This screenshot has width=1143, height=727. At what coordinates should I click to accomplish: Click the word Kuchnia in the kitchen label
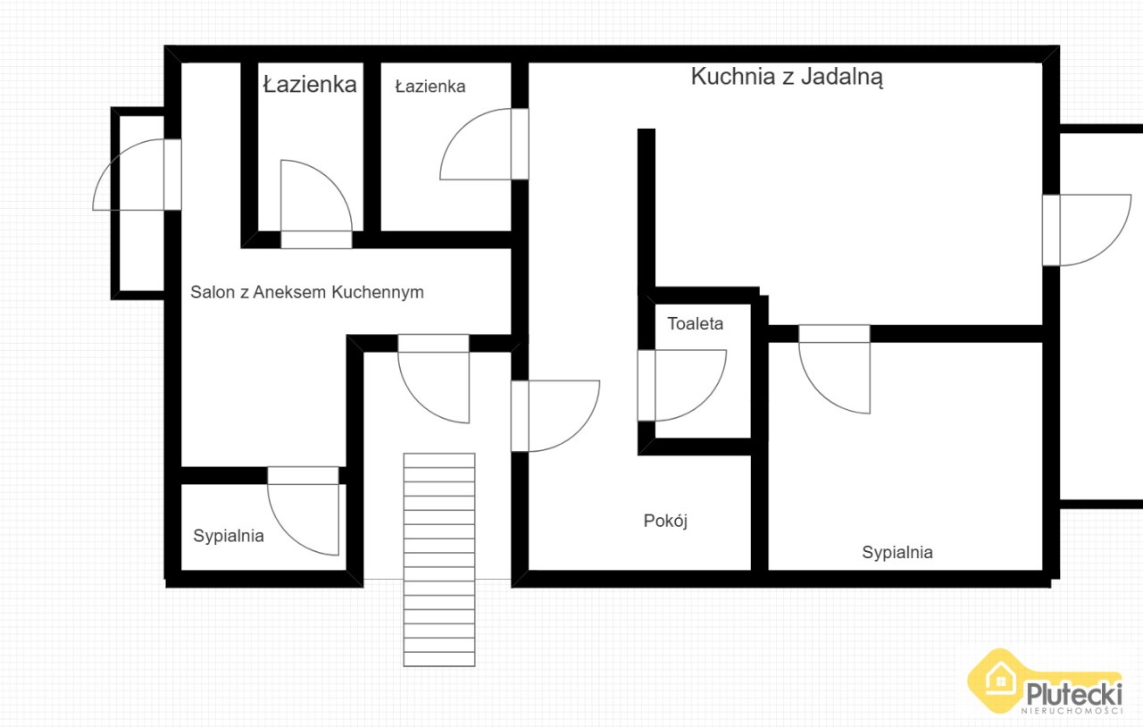tap(734, 77)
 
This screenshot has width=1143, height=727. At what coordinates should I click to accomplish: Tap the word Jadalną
tap(842, 78)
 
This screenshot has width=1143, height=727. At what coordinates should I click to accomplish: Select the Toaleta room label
tap(695, 323)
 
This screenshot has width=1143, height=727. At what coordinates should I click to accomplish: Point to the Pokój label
tap(665, 521)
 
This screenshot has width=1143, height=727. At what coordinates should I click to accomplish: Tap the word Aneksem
tap(290, 292)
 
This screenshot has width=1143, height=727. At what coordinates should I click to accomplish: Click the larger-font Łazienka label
tap(310, 84)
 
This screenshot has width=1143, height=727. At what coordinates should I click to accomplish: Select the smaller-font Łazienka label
tap(430, 87)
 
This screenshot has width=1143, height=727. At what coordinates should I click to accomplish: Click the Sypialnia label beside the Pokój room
tap(897, 553)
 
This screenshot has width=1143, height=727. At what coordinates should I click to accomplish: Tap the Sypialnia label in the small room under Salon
tap(229, 536)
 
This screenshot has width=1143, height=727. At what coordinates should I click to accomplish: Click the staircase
tap(439, 560)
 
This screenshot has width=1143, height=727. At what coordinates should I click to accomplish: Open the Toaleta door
tap(681, 386)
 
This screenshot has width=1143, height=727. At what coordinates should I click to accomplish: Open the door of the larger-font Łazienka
tap(316, 205)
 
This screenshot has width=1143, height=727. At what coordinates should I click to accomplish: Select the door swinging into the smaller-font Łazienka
tap(484, 144)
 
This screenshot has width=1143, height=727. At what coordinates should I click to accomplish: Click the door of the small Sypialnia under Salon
tap(303, 511)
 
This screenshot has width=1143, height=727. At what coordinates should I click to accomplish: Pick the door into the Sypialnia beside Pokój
tap(834, 369)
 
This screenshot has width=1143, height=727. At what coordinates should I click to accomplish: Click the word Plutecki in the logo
tap(1074, 694)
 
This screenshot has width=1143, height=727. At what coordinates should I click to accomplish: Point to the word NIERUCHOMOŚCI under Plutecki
tap(1072, 711)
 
